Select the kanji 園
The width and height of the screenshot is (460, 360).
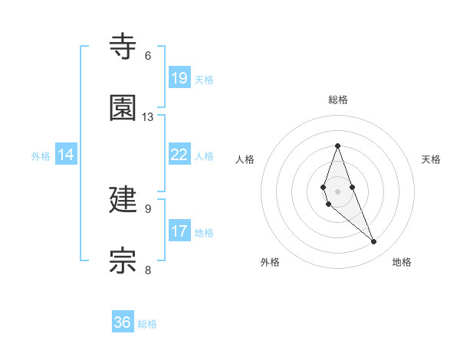pyautogui.click(x=123, y=108)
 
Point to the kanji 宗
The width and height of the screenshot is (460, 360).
pyautogui.click(x=123, y=260)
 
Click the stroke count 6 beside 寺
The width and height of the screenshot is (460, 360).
pyautogui.click(x=148, y=56)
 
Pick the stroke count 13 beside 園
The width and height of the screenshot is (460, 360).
pyautogui.click(x=148, y=117)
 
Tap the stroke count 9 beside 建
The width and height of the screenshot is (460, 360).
pyautogui.click(x=148, y=208)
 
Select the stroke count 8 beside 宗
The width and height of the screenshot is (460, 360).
pyautogui.click(x=148, y=270)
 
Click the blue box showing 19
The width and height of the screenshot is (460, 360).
pyautogui.click(x=179, y=78)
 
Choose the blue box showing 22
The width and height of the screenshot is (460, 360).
pyautogui.click(x=179, y=155)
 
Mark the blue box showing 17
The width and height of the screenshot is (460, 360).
pyautogui.click(x=179, y=231)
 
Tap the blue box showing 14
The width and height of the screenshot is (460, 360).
pyautogui.click(x=66, y=155)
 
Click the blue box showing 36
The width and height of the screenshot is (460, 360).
pyautogui.click(x=123, y=322)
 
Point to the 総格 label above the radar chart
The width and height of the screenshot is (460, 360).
pyautogui.click(x=338, y=100)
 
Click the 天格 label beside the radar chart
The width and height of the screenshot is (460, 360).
pyautogui.click(x=431, y=159)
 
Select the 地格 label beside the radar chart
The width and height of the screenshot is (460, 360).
pyautogui.click(x=402, y=262)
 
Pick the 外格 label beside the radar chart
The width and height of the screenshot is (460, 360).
pyautogui.click(x=270, y=262)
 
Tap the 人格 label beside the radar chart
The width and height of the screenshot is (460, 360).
pyautogui.click(x=245, y=159)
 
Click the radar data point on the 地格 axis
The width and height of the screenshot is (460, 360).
pyautogui.click(x=374, y=242)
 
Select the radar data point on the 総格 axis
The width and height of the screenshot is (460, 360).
pyautogui.click(x=337, y=146)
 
